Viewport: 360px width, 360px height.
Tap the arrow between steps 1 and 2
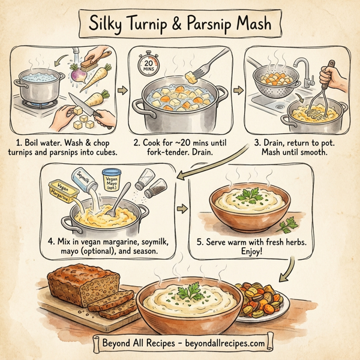[x=122, y=91]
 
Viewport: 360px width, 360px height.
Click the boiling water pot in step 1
[x=40, y=86]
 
